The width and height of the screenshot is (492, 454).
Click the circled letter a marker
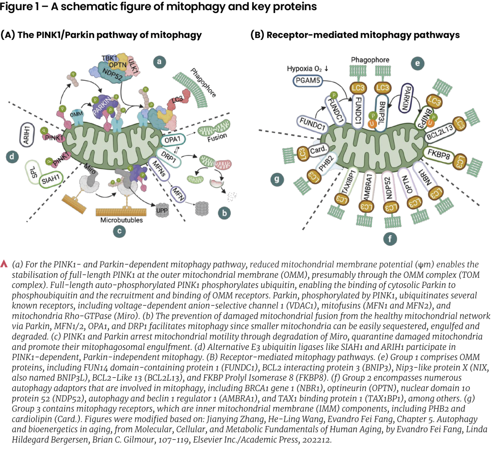point(159,61)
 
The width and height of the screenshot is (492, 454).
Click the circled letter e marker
point(418,63)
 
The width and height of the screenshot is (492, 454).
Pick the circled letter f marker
point(390,239)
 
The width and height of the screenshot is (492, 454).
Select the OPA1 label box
point(172,140)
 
